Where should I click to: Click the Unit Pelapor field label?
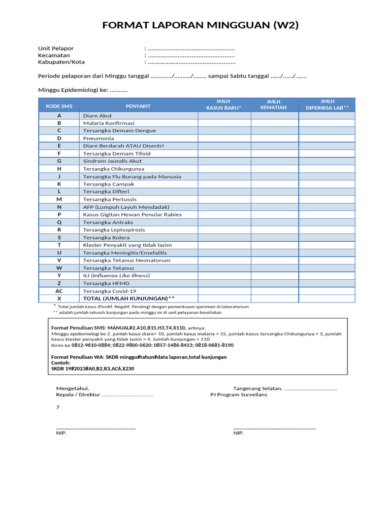[56, 49]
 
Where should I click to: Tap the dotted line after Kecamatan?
[191, 55]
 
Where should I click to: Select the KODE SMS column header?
[59, 106]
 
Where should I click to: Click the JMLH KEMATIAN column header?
[274, 104]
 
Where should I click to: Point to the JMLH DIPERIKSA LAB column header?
[327, 104]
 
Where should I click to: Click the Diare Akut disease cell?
[97, 116]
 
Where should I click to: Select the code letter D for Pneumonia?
[59, 138]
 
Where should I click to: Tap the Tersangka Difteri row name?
[106, 192]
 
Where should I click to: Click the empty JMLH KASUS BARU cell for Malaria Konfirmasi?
[224, 123]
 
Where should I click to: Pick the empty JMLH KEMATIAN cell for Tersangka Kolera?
[274, 237]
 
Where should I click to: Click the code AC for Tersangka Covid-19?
[59, 291]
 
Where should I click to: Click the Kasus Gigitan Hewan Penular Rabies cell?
[132, 214]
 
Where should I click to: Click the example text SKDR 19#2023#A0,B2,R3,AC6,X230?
[93, 368]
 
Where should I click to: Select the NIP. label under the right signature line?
[239, 433]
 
